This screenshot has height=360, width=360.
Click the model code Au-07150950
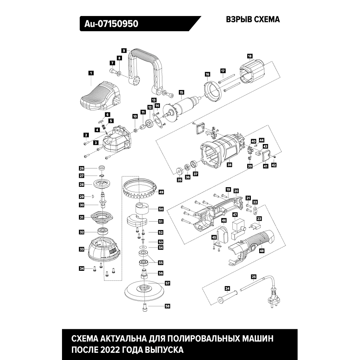coord(111,24)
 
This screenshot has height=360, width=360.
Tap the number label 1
coord(91,73)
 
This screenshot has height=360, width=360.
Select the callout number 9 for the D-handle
coord(124,51)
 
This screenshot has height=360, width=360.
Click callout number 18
coord(250,56)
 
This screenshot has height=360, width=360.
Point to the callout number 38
coord(229,164)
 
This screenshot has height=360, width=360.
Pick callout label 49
coord(161,192)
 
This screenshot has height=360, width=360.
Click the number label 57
coord(167,283)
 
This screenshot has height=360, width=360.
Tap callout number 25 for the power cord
coord(253,276)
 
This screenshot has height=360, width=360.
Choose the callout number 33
coord(81,249)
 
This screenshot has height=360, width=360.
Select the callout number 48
coord(262,251)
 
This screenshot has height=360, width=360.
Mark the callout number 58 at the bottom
coord(167,306)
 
